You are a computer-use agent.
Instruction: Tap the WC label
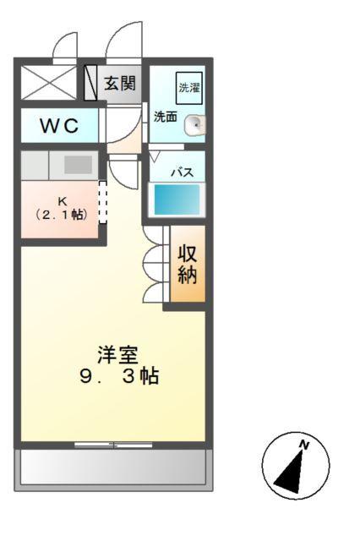click(x=59, y=127)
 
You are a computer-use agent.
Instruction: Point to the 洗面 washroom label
click(x=165, y=117)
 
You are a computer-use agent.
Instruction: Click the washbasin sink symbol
click(x=194, y=125)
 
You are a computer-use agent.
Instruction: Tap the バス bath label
click(x=183, y=172)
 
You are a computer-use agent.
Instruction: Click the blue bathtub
click(x=177, y=200)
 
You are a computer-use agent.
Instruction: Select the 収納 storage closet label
click(x=188, y=264)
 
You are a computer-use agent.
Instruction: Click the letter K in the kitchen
click(x=61, y=200)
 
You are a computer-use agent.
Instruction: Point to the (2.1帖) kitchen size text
click(x=62, y=215)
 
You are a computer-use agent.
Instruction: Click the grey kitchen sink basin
click(x=78, y=165)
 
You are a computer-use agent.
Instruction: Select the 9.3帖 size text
click(x=118, y=377)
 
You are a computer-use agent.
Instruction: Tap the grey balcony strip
click(x=112, y=467)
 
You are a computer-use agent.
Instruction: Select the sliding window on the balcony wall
click(x=112, y=443)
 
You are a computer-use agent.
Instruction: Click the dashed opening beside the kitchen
click(x=103, y=203)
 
